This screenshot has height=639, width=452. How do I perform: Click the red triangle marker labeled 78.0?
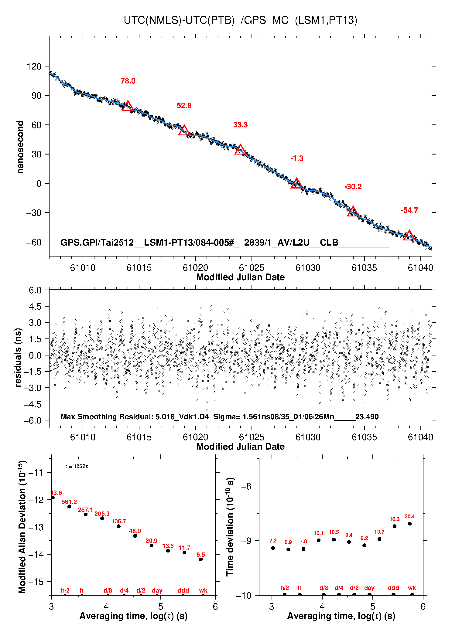pyautogui.click(x=128, y=106)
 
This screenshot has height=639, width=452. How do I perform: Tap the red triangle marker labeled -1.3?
pyautogui.click(x=296, y=184)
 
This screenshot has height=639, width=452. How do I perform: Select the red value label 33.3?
pyautogui.click(x=240, y=125)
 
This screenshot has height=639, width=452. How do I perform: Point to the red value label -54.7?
pyautogui.click(x=409, y=210)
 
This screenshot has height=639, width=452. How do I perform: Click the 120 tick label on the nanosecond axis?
pyautogui.click(x=34, y=66)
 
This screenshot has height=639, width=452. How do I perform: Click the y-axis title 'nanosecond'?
pyautogui.click(x=20, y=147)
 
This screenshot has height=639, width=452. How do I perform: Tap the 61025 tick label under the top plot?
pyautogui.click(x=252, y=268)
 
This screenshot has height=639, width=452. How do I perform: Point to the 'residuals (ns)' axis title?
pyautogui.click(x=18, y=358)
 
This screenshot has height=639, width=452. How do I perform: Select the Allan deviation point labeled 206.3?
pyautogui.click(x=102, y=518)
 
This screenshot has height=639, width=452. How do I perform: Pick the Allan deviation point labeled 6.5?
pyautogui.click(x=201, y=559)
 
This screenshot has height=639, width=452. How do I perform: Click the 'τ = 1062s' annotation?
pyautogui.click(x=77, y=467)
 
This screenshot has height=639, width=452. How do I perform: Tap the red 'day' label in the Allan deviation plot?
pyautogui.click(x=157, y=591)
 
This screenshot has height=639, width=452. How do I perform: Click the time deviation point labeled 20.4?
pyautogui.click(x=409, y=524)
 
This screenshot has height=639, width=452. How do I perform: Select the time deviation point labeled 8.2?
pyautogui.click(x=364, y=546)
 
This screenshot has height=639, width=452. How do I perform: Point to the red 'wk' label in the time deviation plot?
pyautogui.click(x=412, y=588)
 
